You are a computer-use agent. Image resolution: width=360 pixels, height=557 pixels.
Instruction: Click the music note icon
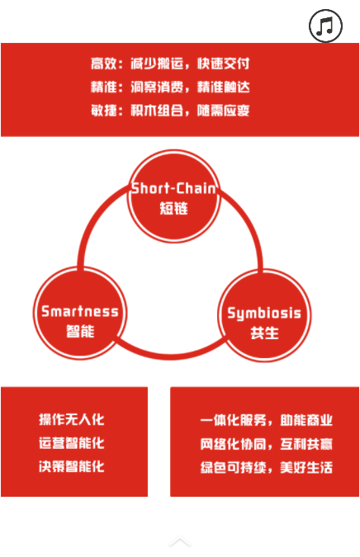point(325,26)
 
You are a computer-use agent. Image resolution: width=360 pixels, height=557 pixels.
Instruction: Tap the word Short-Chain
point(173,188)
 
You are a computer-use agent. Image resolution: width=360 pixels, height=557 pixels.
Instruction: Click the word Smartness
point(80,312)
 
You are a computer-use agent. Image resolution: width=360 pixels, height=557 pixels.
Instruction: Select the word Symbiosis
point(264,314)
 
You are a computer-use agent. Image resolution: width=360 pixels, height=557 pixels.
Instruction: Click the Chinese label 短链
point(173,208)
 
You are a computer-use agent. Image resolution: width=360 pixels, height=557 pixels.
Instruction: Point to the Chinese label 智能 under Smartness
point(80,331)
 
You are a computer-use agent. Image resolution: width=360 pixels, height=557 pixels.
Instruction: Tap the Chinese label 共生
point(264,333)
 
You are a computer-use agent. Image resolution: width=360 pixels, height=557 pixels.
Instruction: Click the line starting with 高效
point(170,64)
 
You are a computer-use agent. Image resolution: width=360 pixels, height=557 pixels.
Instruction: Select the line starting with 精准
point(170,87)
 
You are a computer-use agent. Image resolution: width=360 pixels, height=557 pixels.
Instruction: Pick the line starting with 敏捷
point(170,111)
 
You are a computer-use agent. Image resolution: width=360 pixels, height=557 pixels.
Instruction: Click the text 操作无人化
point(72,419)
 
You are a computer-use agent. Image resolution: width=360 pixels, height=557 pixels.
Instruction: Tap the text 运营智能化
point(72,443)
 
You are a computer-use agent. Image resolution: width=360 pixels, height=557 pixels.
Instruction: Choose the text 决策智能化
point(72,466)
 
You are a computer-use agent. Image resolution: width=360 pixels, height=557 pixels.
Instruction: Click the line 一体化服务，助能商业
point(266,420)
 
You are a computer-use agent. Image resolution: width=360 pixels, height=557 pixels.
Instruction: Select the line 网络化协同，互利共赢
point(266,444)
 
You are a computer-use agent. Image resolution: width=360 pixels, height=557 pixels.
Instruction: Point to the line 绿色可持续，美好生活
point(266,467)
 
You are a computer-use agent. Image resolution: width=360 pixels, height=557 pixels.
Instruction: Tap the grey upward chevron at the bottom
point(180,541)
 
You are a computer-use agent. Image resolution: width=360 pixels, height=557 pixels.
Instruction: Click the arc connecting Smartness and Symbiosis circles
point(172,356)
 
